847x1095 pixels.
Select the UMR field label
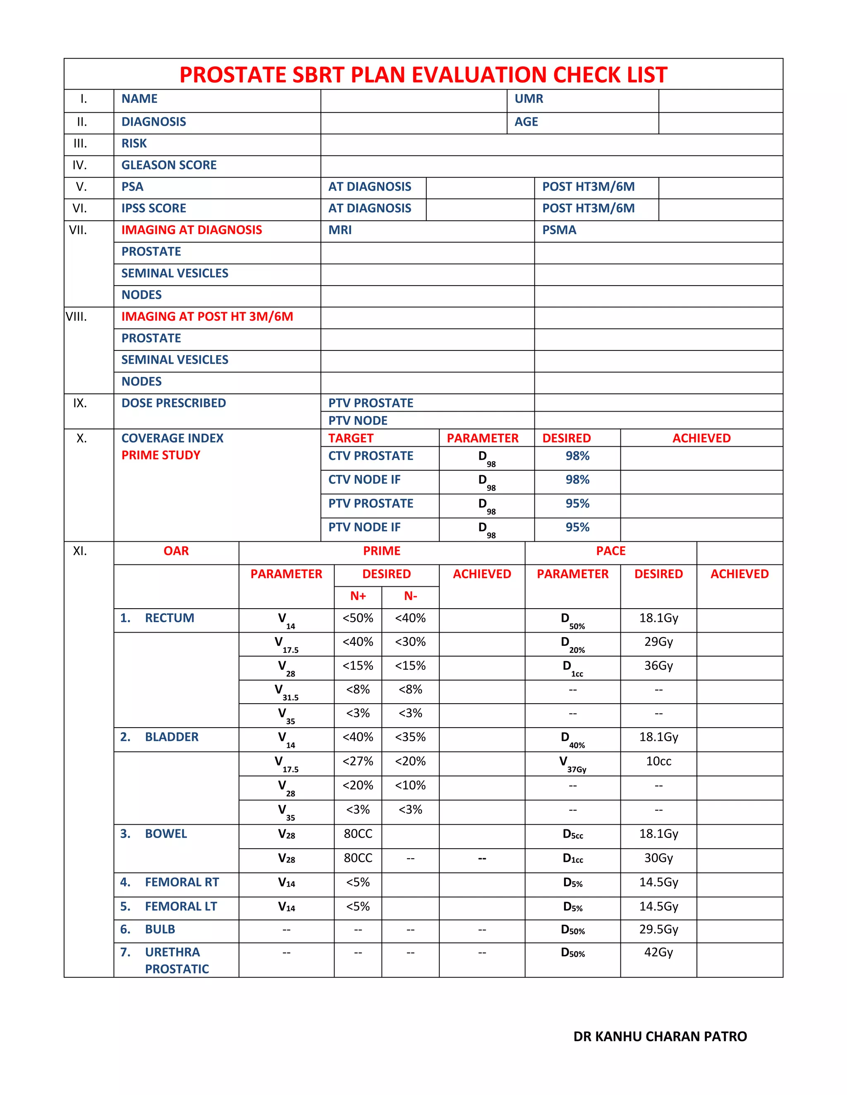(529, 99)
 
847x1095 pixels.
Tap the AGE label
(526, 122)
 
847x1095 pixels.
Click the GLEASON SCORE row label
(169, 165)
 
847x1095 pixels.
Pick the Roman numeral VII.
(78, 230)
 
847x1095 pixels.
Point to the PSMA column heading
(559, 230)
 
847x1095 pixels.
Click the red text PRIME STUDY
(160, 455)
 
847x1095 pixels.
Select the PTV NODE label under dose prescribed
(358, 421)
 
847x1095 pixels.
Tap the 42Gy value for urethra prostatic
(658, 952)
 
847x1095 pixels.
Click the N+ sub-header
(358, 596)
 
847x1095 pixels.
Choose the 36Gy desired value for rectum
(658, 666)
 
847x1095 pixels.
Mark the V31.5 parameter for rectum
(286, 692)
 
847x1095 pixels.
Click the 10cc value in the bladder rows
(658, 762)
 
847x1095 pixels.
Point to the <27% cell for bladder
(358, 762)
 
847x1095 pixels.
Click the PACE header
(611, 551)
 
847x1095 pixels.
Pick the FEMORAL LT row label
(181, 907)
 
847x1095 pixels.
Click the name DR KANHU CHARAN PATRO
(660, 1036)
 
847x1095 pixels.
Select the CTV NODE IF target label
(364, 480)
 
